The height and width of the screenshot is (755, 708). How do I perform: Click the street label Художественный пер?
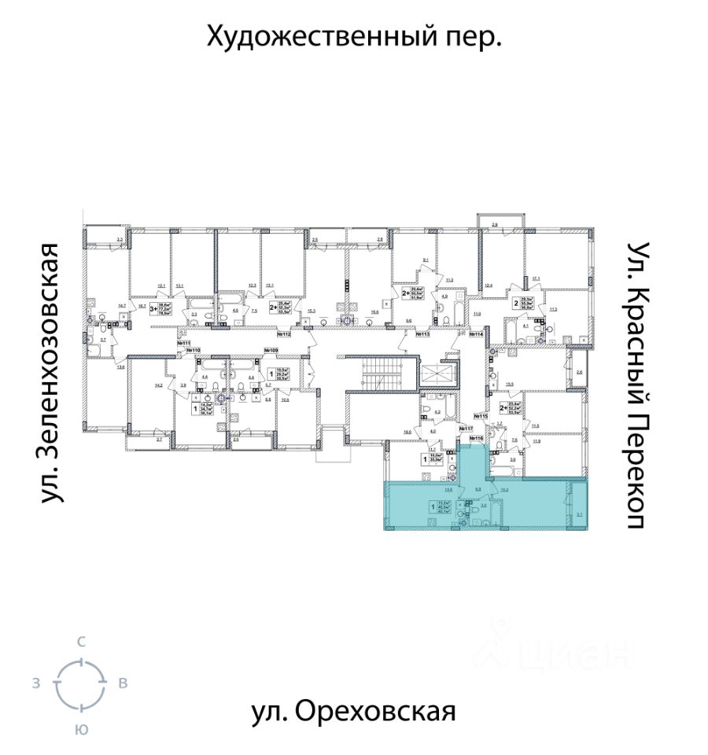click(x=354, y=36)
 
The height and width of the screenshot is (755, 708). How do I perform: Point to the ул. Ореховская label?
click(x=354, y=712)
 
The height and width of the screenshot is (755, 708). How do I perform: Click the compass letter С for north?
click(x=80, y=643)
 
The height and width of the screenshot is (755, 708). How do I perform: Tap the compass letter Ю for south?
click(x=80, y=729)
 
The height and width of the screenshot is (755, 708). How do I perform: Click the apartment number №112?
click(x=283, y=334)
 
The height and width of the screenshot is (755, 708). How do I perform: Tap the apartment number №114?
click(x=475, y=334)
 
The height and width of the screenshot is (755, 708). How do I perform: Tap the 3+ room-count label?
click(x=153, y=310)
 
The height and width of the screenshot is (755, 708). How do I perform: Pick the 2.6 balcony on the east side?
click(x=579, y=373)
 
